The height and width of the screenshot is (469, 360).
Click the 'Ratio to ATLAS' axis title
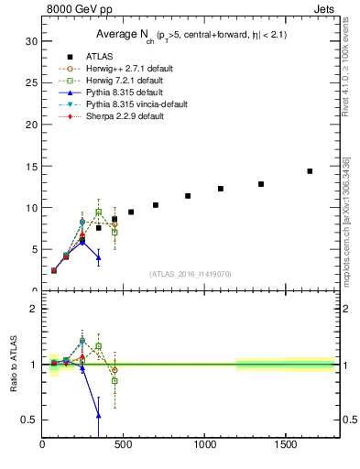pyautogui.click(x=12, y=365)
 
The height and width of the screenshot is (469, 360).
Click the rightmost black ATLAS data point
pyautogui.click(x=310, y=171)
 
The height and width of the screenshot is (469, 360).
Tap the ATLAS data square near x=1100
pyautogui.click(x=221, y=189)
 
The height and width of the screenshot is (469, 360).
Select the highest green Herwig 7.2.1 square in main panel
pyautogui.click(x=98, y=212)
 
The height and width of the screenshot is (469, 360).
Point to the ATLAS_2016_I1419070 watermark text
pyautogui.click(x=190, y=273)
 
